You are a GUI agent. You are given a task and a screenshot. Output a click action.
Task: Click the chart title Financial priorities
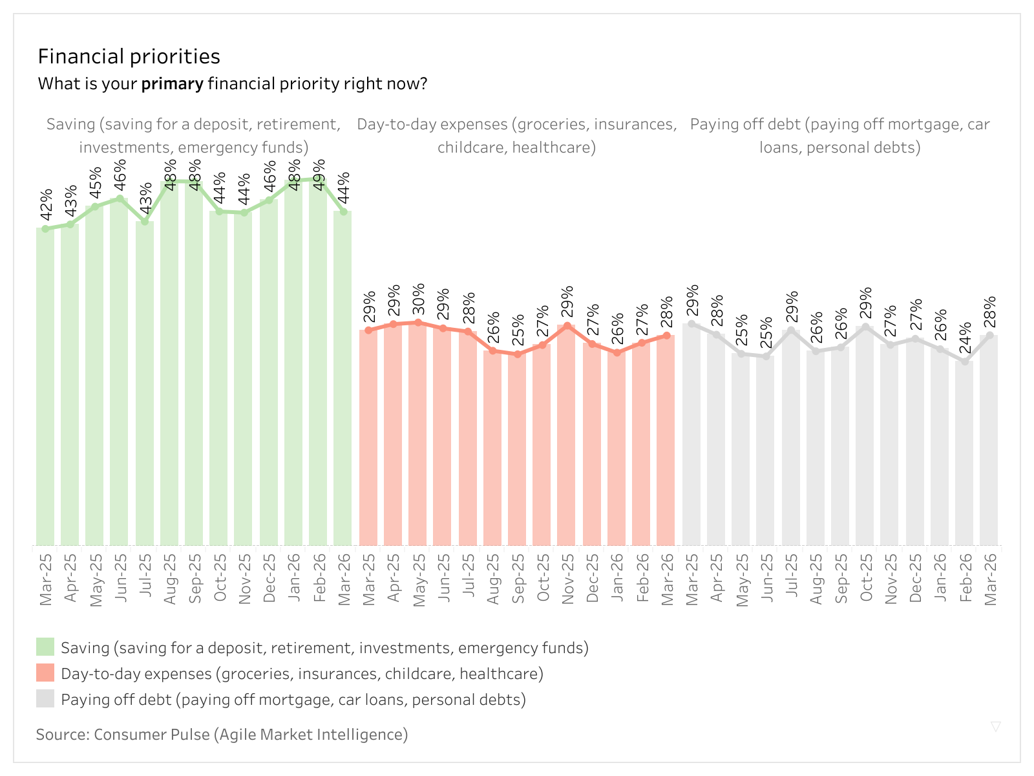click(x=129, y=57)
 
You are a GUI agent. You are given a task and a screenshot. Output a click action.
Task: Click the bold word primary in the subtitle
click(x=173, y=84)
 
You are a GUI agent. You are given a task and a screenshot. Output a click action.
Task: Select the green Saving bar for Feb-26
click(x=318, y=362)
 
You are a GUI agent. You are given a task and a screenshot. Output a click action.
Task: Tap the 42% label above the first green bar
click(x=46, y=204)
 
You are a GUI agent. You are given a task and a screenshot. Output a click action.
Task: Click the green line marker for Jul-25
click(x=145, y=222)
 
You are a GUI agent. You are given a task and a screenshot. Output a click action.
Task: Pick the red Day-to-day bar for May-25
click(x=417, y=433)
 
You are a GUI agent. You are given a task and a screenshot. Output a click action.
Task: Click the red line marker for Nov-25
click(x=567, y=326)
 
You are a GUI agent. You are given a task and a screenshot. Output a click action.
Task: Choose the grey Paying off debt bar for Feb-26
click(x=964, y=453)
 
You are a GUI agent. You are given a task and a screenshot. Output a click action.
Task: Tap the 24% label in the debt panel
click(x=965, y=338)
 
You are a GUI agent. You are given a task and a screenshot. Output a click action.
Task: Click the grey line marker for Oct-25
click(x=866, y=327)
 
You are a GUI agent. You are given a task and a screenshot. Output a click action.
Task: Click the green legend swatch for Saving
click(x=45, y=647)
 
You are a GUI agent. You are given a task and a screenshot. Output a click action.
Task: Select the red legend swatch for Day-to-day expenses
click(x=45, y=673)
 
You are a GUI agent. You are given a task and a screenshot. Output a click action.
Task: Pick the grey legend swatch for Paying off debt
click(x=45, y=699)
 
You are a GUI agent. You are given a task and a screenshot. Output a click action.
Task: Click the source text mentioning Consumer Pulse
click(x=222, y=735)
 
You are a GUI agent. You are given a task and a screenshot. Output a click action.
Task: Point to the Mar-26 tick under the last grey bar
click(x=990, y=579)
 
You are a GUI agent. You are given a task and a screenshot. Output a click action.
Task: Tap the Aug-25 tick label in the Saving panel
click(x=170, y=579)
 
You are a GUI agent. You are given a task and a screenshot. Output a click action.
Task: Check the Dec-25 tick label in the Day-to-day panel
click(x=593, y=578)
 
